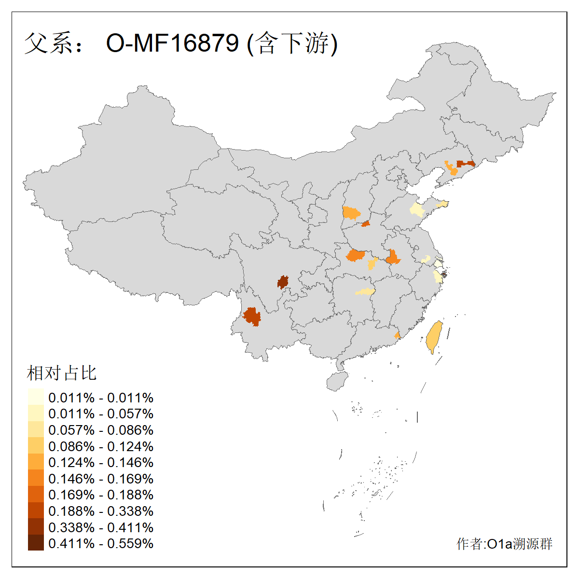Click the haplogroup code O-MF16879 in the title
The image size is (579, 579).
[x=172, y=43]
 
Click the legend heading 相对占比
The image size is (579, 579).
[x=62, y=373]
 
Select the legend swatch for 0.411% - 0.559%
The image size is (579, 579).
[x=36, y=543]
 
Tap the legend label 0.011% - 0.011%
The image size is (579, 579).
[x=101, y=398]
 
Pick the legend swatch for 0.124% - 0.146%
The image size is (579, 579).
[x=36, y=462]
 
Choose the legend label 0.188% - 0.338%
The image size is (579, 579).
[x=101, y=511]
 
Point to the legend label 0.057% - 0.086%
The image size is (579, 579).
[x=101, y=430]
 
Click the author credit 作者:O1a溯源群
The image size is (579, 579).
[x=504, y=544]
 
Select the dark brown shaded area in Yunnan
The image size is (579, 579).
[x=252, y=317]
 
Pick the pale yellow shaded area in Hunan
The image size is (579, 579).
[x=365, y=291]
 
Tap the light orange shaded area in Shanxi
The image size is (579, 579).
[x=351, y=213]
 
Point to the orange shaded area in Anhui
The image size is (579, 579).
[x=393, y=258]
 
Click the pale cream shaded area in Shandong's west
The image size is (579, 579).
[x=416, y=210]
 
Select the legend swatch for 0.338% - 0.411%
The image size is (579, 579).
[x=36, y=527]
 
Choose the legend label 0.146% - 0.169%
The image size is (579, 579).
[x=101, y=479]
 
